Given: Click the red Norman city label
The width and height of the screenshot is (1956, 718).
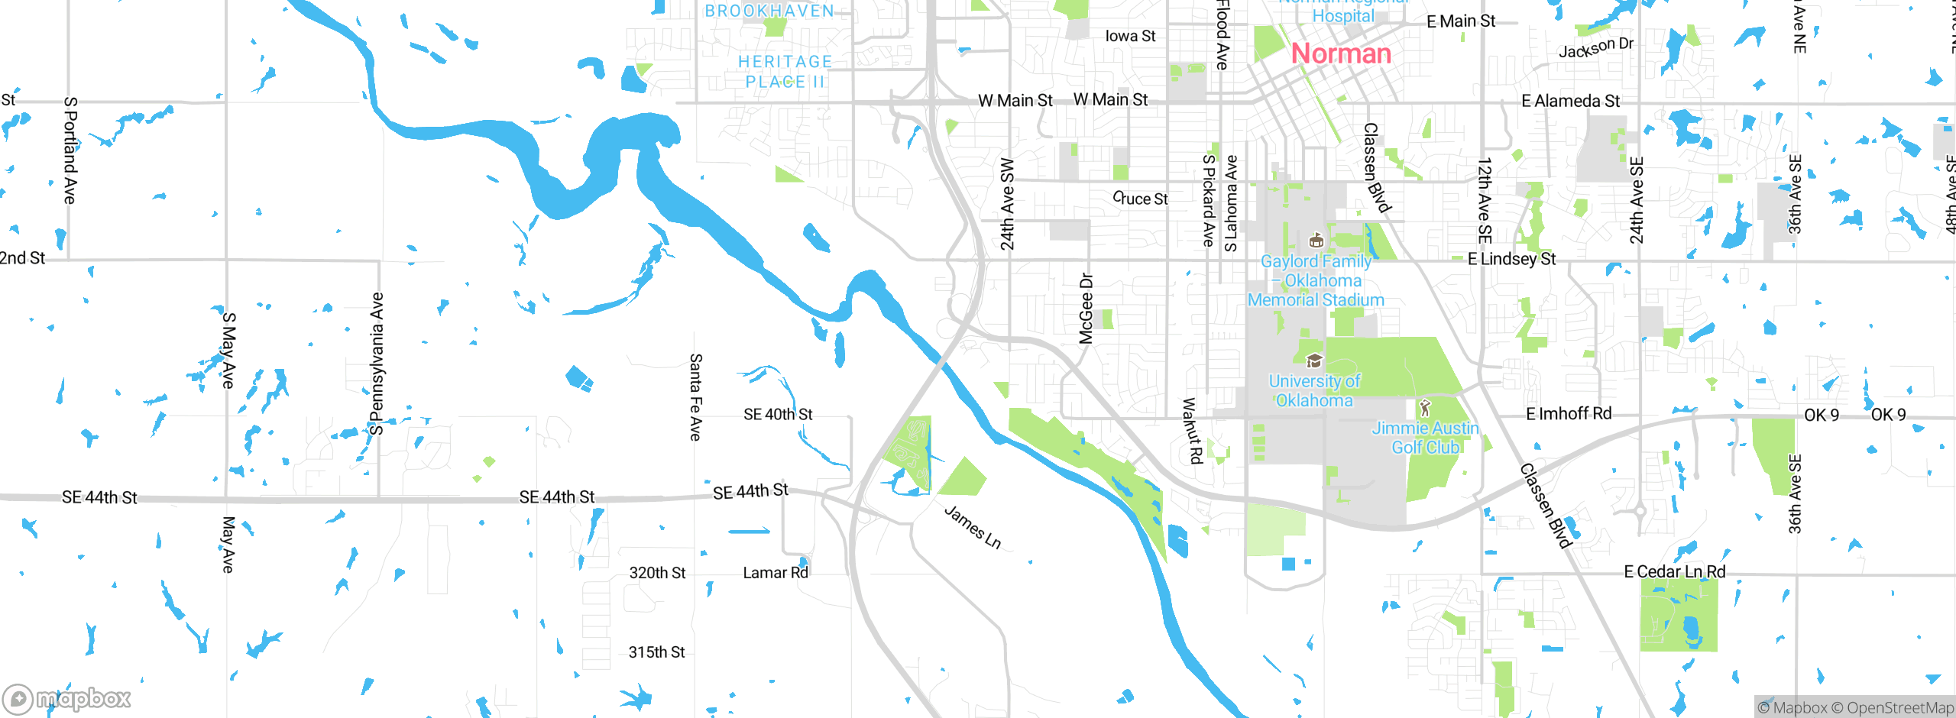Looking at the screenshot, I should point(1341,53).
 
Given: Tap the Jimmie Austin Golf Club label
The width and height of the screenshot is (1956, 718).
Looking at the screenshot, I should point(1425,438).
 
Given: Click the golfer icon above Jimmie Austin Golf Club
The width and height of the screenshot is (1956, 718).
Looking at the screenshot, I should point(1424,407).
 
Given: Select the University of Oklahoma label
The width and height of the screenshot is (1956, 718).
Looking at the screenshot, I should point(1314,390).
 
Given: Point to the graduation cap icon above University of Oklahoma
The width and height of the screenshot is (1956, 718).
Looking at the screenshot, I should point(1314,361).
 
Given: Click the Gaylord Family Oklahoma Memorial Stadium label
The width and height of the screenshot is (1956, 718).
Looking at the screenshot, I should point(1316,280).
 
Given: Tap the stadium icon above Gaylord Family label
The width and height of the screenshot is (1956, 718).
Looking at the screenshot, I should point(1316,241).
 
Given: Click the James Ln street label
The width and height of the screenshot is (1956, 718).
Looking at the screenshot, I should point(973,527).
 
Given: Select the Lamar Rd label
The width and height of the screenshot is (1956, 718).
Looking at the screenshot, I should point(775,573).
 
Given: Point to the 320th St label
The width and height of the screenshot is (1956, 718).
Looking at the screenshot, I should point(657,573).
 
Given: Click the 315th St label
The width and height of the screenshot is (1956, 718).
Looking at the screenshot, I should point(656,652).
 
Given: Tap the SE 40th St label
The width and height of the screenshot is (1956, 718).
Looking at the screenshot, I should point(778,414).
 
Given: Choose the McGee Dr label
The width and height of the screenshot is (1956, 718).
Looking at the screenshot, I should point(1086,309).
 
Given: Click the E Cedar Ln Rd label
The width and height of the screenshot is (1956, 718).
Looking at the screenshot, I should point(1674,571).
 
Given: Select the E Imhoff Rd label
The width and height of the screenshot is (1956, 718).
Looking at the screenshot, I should point(1569,414).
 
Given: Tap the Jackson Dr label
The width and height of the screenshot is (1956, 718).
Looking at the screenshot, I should point(1595,47).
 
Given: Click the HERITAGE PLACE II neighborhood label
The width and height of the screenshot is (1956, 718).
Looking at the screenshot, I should point(785,72).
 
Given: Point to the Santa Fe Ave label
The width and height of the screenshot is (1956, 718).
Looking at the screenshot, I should point(695,397).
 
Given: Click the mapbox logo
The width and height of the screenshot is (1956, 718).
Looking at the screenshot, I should point(67,698).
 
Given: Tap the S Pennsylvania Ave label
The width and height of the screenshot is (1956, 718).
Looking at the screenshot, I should point(376,364).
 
